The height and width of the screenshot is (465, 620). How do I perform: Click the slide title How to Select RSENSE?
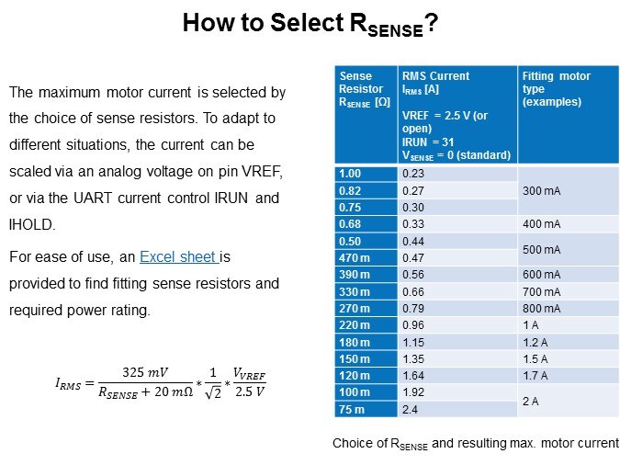(309, 24)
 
